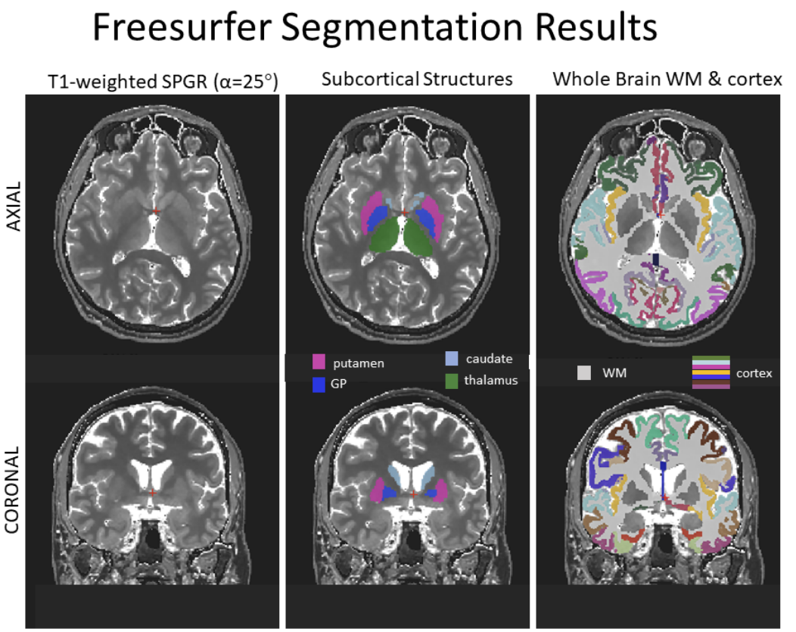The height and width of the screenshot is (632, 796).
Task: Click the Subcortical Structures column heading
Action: (x=416, y=79)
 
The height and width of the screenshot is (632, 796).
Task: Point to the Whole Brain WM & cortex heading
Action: (x=667, y=79)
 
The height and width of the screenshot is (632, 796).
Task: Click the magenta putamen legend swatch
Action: (x=319, y=363)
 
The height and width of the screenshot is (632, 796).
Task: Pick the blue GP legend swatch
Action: (x=319, y=384)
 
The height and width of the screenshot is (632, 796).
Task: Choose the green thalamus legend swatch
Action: (x=452, y=379)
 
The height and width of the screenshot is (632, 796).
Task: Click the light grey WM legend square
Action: (x=584, y=372)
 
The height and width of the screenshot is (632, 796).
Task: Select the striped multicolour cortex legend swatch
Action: (x=710, y=372)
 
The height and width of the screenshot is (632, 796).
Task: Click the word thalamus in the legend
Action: (x=493, y=380)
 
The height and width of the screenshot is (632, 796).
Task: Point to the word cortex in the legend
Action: (x=754, y=372)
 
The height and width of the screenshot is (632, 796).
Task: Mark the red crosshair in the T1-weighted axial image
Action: (x=155, y=210)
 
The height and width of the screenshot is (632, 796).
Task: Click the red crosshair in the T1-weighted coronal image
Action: (x=153, y=493)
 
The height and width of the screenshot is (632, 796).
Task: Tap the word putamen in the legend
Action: (x=359, y=363)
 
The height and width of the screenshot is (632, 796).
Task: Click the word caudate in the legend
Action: (x=490, y=359)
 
